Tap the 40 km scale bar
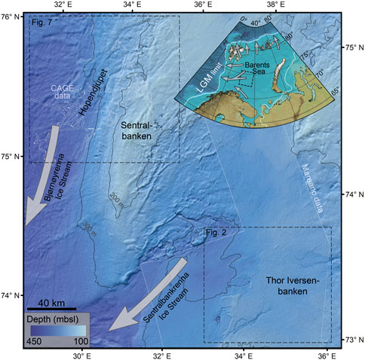51,308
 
